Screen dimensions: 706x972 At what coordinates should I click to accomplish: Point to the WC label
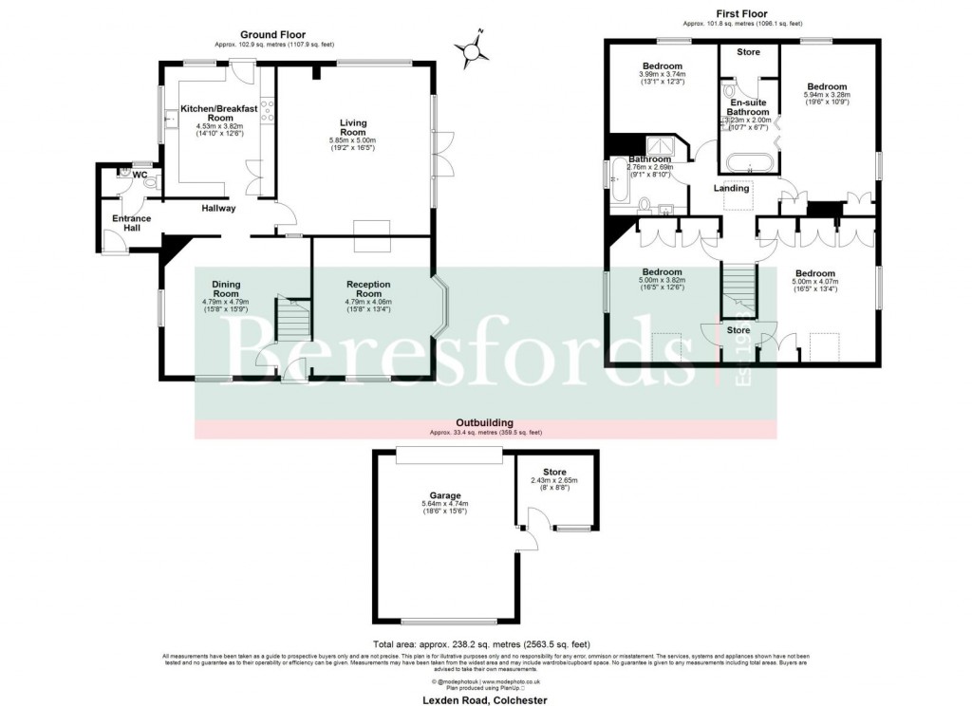(x=140, y=175)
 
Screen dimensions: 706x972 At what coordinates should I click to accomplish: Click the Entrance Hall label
(x=132, y=224)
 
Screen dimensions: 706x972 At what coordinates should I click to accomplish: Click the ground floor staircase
(x=292, y=323)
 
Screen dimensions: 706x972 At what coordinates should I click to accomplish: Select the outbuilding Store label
(x=554, y=472)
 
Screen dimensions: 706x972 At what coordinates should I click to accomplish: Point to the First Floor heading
(x=742, y=13)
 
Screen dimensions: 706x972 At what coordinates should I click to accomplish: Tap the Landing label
(x=731, y=188)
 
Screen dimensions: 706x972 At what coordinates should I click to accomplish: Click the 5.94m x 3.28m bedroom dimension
(x=827, y=94)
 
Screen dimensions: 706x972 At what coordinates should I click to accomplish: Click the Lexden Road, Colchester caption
(x=485, y=698)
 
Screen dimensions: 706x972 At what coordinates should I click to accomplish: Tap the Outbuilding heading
(x=485, y=422)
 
